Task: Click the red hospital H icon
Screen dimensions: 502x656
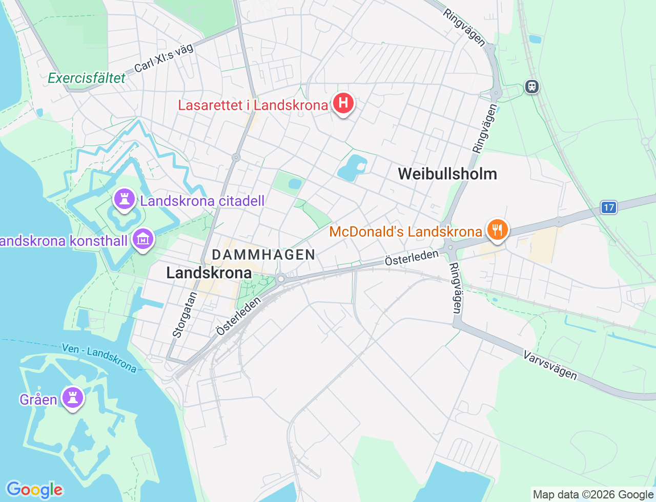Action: tap(343, 103)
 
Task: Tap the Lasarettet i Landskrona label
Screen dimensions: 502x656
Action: tap(253, 106)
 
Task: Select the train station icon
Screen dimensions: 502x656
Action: tap(532, 86)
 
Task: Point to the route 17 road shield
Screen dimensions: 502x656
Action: tap(608, 207)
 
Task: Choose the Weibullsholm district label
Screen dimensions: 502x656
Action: tap(447, 174)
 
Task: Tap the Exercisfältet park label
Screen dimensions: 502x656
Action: tap(87, 78)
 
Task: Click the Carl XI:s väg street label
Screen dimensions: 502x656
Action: tap(163, 58)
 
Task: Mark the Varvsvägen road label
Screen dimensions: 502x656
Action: tap(550, 365)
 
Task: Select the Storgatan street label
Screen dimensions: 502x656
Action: tap(184, 315)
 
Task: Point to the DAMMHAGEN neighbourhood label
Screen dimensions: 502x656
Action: tap(263, 255)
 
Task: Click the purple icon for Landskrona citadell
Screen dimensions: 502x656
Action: tap(124, 199)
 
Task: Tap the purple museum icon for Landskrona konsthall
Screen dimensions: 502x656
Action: tap(143, 239)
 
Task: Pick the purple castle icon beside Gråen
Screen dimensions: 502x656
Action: tap(73, 398)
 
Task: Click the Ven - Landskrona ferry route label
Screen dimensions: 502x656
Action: tap(99, 358)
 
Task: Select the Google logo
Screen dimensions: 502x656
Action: tap(34, 490)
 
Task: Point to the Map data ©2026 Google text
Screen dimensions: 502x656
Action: tap(592, 495)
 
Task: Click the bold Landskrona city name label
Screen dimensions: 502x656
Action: tap(209, 273)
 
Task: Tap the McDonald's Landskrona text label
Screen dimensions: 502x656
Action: tap(405, 232)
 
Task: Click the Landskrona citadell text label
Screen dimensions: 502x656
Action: tap(202, 201)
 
